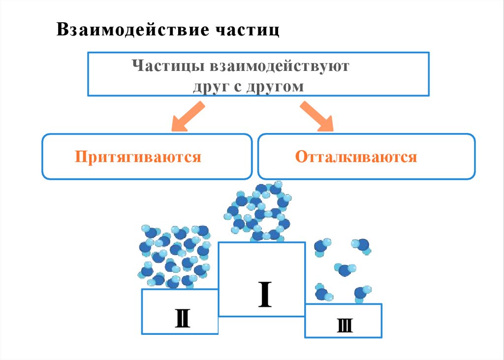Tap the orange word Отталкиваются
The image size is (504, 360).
(356, 157)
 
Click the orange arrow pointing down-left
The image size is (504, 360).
(188, 116)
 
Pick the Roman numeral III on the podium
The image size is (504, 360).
(345, 326)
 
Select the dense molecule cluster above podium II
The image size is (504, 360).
(175, 256)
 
